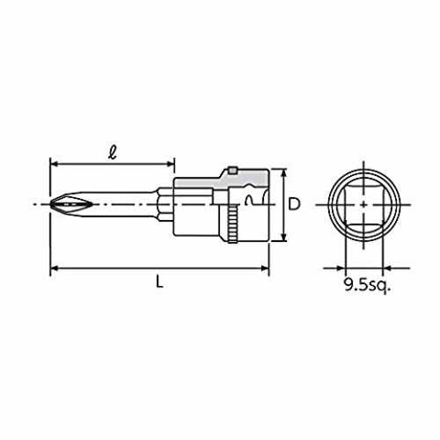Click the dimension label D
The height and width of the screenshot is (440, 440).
(x=294, y=204)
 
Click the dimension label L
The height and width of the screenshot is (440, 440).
(x=159, y=282)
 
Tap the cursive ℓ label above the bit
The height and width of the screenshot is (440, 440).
(x=113, y=153)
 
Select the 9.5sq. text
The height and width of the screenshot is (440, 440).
(x=368, y=285)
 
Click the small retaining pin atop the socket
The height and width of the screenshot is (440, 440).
(x=232, y=171)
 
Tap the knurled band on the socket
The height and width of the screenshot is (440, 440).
(x=232, y=224)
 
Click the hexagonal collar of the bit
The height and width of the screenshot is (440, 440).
(x=165, y=204)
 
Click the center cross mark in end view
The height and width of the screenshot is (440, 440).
(x=363, y=204)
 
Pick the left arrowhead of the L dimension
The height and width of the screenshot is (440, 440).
(x=54, y=268)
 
